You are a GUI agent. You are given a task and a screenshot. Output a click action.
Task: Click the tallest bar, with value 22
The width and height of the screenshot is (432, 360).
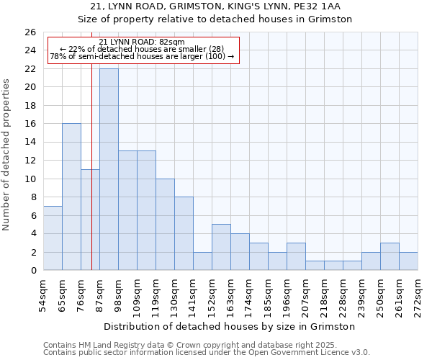point(109,169)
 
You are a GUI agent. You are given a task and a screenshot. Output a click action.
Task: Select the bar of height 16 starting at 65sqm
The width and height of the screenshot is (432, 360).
point(71,197)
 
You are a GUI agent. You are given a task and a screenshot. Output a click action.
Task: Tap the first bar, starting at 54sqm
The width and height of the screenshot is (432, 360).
point(53,238)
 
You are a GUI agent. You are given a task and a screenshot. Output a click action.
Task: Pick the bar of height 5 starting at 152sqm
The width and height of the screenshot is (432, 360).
point(221,247)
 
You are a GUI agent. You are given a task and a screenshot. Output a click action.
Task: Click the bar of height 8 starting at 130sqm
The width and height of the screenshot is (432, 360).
point(184,233)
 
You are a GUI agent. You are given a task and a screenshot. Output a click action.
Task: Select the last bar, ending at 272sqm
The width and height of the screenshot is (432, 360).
point(408,261)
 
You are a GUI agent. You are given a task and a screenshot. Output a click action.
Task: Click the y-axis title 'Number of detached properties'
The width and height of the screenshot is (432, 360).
point(7,165)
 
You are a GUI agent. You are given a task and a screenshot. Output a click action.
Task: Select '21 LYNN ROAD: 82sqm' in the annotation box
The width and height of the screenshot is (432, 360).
point(142,42)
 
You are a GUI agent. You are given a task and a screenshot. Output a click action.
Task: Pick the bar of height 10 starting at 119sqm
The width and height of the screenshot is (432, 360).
point(165,225)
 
